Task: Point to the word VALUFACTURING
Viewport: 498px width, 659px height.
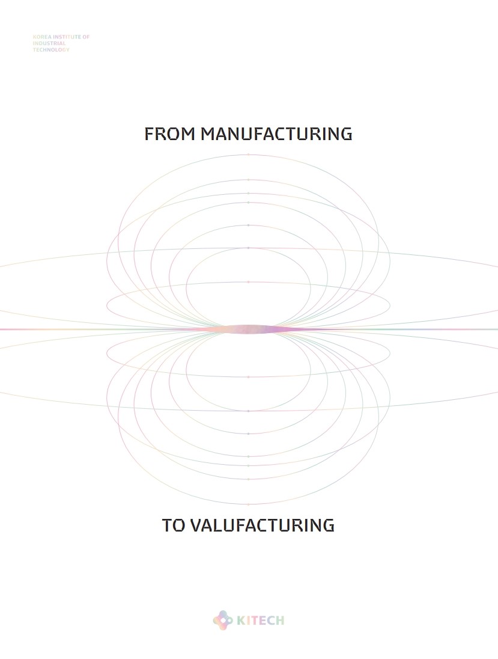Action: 262,525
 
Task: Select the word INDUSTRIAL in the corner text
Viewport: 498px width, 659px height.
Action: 49,43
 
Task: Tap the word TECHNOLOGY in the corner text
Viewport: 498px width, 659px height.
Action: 51,49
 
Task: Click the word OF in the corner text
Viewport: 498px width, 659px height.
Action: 86,37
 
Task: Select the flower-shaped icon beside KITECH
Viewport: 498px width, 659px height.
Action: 222,620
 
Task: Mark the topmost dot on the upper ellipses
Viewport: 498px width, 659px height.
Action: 248,155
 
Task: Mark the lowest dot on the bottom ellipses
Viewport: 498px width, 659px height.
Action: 248,504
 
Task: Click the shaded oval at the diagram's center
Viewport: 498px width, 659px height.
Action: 249,329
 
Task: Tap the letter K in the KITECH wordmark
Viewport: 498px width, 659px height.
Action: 240,621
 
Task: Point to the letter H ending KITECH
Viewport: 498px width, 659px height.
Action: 279,621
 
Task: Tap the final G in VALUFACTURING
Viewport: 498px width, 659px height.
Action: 329,525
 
